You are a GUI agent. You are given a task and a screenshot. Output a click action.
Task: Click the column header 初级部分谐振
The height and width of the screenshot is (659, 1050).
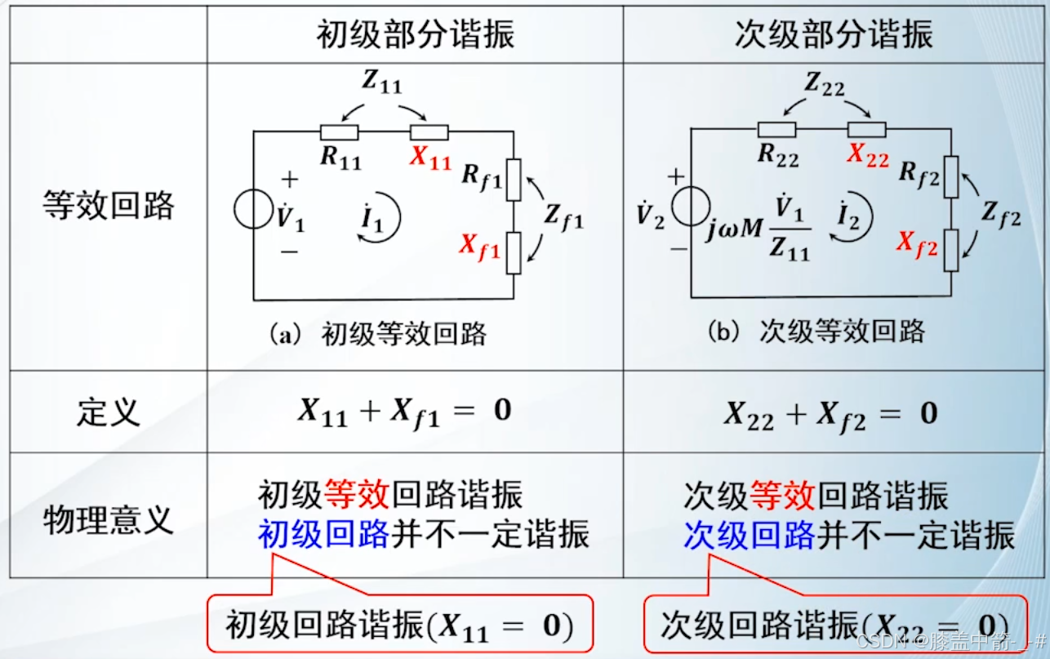415,35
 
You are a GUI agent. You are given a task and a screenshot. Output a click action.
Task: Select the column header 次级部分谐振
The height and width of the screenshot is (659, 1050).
834,35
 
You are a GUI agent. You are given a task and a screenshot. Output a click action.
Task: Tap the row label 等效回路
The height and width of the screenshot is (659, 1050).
108,206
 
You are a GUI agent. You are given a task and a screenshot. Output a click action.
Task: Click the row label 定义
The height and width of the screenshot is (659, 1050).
108,412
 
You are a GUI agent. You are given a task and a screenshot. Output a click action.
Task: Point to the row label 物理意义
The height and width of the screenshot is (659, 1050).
108,519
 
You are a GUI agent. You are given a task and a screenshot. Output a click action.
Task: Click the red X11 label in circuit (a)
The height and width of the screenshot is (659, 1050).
430,158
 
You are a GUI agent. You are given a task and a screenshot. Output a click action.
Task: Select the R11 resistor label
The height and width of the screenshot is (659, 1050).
340,158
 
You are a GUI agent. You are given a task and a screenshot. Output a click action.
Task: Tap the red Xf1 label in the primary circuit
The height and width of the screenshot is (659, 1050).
480,245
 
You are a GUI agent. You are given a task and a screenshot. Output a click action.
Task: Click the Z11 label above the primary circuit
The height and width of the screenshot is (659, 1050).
382,82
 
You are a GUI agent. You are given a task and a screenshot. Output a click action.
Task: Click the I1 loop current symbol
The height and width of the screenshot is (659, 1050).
372,219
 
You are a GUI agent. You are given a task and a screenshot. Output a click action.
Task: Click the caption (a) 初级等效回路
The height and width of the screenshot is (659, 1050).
377,334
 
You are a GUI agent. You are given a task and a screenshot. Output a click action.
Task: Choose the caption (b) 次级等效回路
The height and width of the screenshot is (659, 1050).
816,332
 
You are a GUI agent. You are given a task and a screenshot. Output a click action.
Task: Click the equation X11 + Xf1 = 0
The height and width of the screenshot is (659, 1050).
403,412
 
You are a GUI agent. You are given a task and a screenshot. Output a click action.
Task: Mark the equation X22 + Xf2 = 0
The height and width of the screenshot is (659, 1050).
830,413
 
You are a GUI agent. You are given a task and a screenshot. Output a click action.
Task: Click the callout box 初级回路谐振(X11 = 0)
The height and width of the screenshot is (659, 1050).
398,626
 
